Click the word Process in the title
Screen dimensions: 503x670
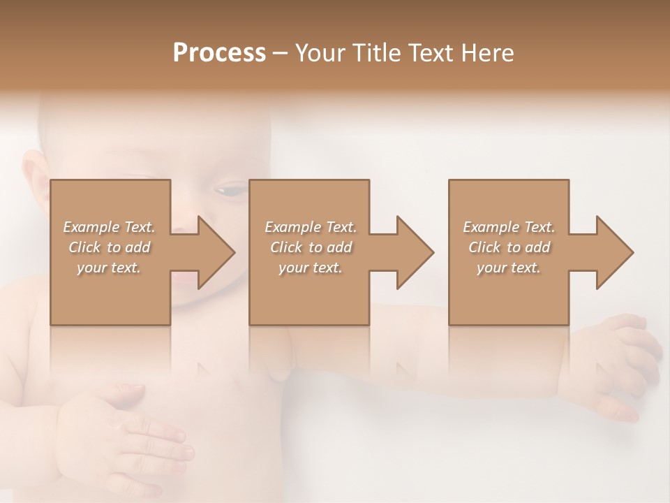219,53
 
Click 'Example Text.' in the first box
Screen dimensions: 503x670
110,227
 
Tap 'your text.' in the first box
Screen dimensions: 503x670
110,268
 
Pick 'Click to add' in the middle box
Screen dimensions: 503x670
310,247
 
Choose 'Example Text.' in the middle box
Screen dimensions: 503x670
310,227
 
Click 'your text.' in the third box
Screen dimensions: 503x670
509,268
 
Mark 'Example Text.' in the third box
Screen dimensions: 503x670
509,227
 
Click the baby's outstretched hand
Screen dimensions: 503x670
621,363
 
